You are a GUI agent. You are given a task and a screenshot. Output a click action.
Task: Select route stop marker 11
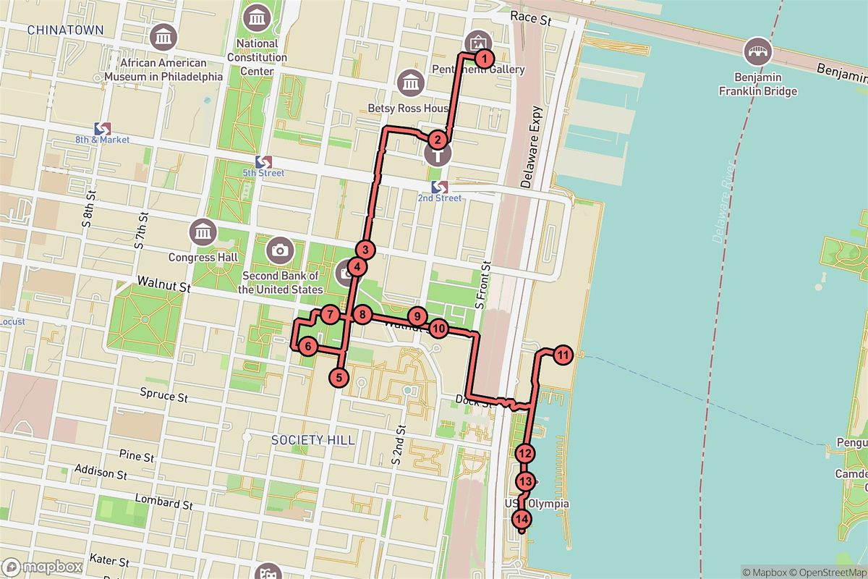(x=563, y=355)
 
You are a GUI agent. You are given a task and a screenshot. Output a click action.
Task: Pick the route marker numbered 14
(x=522, y=519)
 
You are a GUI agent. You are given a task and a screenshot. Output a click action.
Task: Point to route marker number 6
(x=307, y=347)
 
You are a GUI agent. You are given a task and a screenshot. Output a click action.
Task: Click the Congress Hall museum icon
(x=202, y=233)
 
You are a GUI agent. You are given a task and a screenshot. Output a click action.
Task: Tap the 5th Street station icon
(x=263, y=161)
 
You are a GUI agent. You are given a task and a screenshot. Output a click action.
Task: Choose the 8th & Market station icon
(x=102, y=127)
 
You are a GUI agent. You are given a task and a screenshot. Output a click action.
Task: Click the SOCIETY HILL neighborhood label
(x=313, y=440)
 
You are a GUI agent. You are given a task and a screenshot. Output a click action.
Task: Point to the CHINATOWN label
(x=65, y=30)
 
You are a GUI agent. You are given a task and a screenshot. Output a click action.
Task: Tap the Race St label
(x=530, y=18)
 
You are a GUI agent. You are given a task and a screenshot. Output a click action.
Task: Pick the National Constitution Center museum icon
(x=257, y=17)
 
